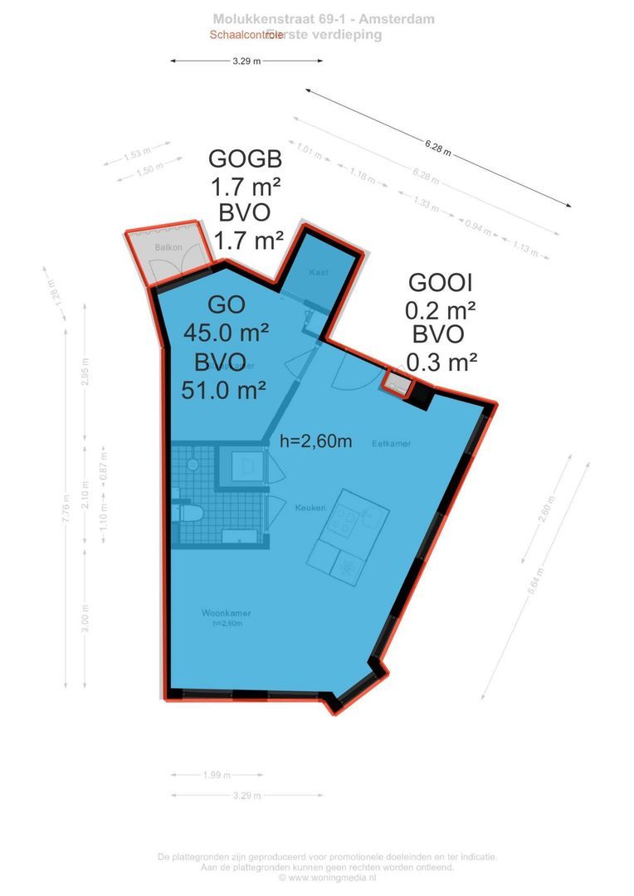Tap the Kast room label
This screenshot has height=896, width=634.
(319, 273)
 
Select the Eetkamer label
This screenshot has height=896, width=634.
(392, 443)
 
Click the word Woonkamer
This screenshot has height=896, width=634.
(226, 613)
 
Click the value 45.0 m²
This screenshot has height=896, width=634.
(226, 334)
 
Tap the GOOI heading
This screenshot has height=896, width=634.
(441, 282)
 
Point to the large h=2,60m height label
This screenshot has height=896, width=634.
(316, 441)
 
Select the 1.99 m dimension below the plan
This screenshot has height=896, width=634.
(215, 775)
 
